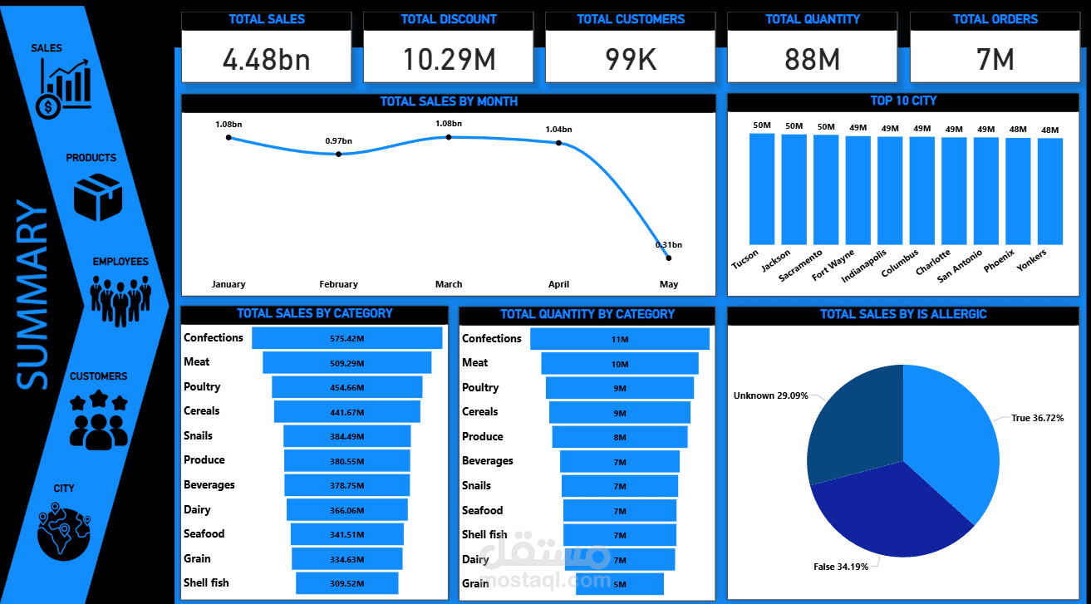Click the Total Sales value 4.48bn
pos(266,59)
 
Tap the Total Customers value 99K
pos(630,59)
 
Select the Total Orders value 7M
pos(995,59)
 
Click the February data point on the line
pos(338,154)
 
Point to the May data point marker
pos(669,258)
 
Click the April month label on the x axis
pos(559,284)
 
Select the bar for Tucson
pos(762,189)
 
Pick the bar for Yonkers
pos(1050,191)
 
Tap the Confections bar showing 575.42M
pos(347,338)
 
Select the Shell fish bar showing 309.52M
pos(347,583)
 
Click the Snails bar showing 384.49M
pos(347,436)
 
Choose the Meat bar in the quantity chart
pos(620,364)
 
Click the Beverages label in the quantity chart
pos(488,461)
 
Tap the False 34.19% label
pos(841,567)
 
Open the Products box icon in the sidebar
pos(98,197)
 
